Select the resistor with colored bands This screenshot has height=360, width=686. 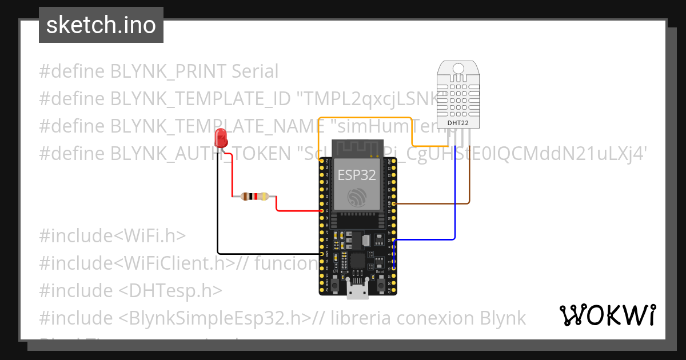[254, 197]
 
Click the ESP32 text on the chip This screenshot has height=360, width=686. [357, 175]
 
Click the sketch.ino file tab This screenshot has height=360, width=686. [101, 25]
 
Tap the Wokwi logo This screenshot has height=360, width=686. [607, 315]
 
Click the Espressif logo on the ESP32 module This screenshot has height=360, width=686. [357, 198]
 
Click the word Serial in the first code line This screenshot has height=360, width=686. [255, 71]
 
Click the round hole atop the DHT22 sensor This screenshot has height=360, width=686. [459, 68]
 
